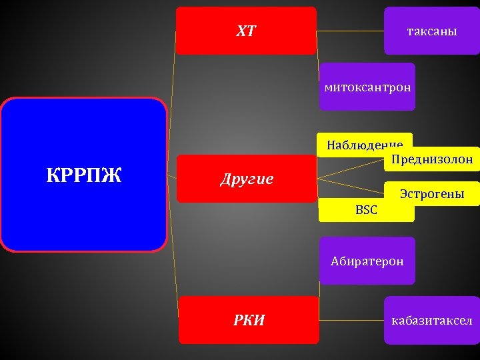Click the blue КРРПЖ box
coord(83,200)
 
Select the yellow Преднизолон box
coord(431,160)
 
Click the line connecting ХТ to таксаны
coord(350,31)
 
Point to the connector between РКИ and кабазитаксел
coord(351,320)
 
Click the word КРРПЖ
coord(83,175)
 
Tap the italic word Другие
coord(247,179)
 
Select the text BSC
coord(366,210)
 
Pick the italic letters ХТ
coord(246,31)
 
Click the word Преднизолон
coord(431,159)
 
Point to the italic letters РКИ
coord(249,320)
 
